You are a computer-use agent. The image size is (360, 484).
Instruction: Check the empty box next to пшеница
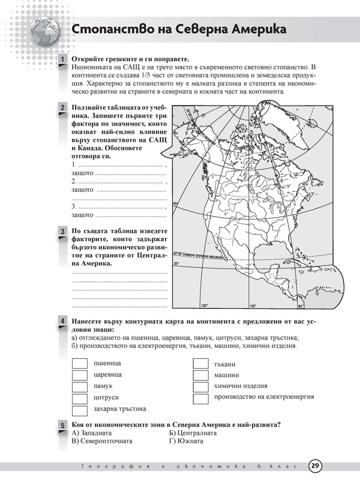[80, 364]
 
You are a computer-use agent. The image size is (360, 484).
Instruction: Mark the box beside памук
[80, 387]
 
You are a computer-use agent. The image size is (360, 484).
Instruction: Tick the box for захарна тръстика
[80, 410]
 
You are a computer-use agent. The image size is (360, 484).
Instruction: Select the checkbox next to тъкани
[200, 364]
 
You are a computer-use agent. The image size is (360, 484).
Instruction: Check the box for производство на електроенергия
[200, 398]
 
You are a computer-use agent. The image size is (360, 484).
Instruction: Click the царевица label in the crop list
[107, 375]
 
